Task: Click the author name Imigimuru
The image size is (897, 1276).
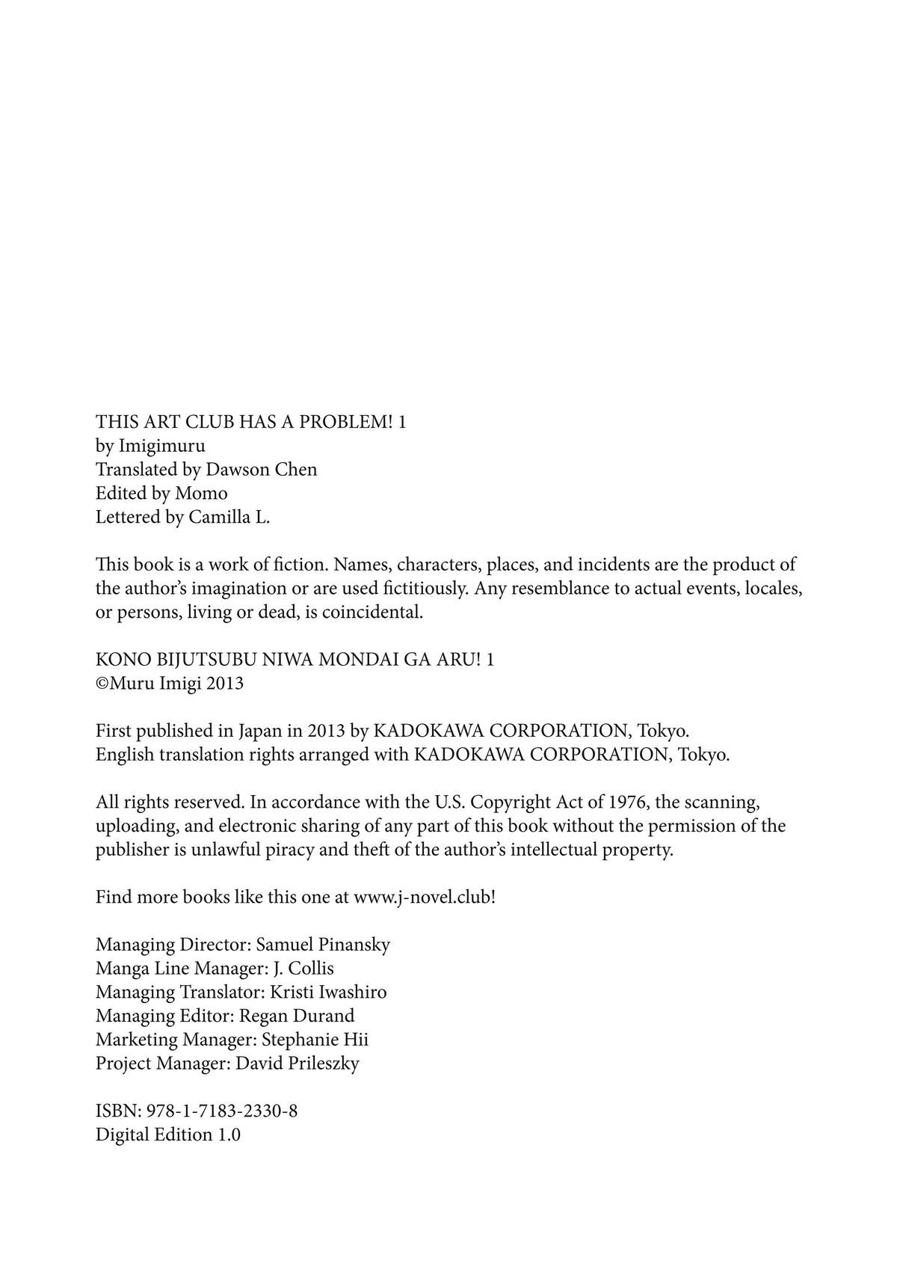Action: (161, 446)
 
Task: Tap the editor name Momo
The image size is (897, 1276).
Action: (201, 494)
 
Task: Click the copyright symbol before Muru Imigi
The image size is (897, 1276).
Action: (102, 684)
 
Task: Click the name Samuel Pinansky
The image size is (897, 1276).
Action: (323, 945)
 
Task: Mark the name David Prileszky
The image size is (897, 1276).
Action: (298, 1064)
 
